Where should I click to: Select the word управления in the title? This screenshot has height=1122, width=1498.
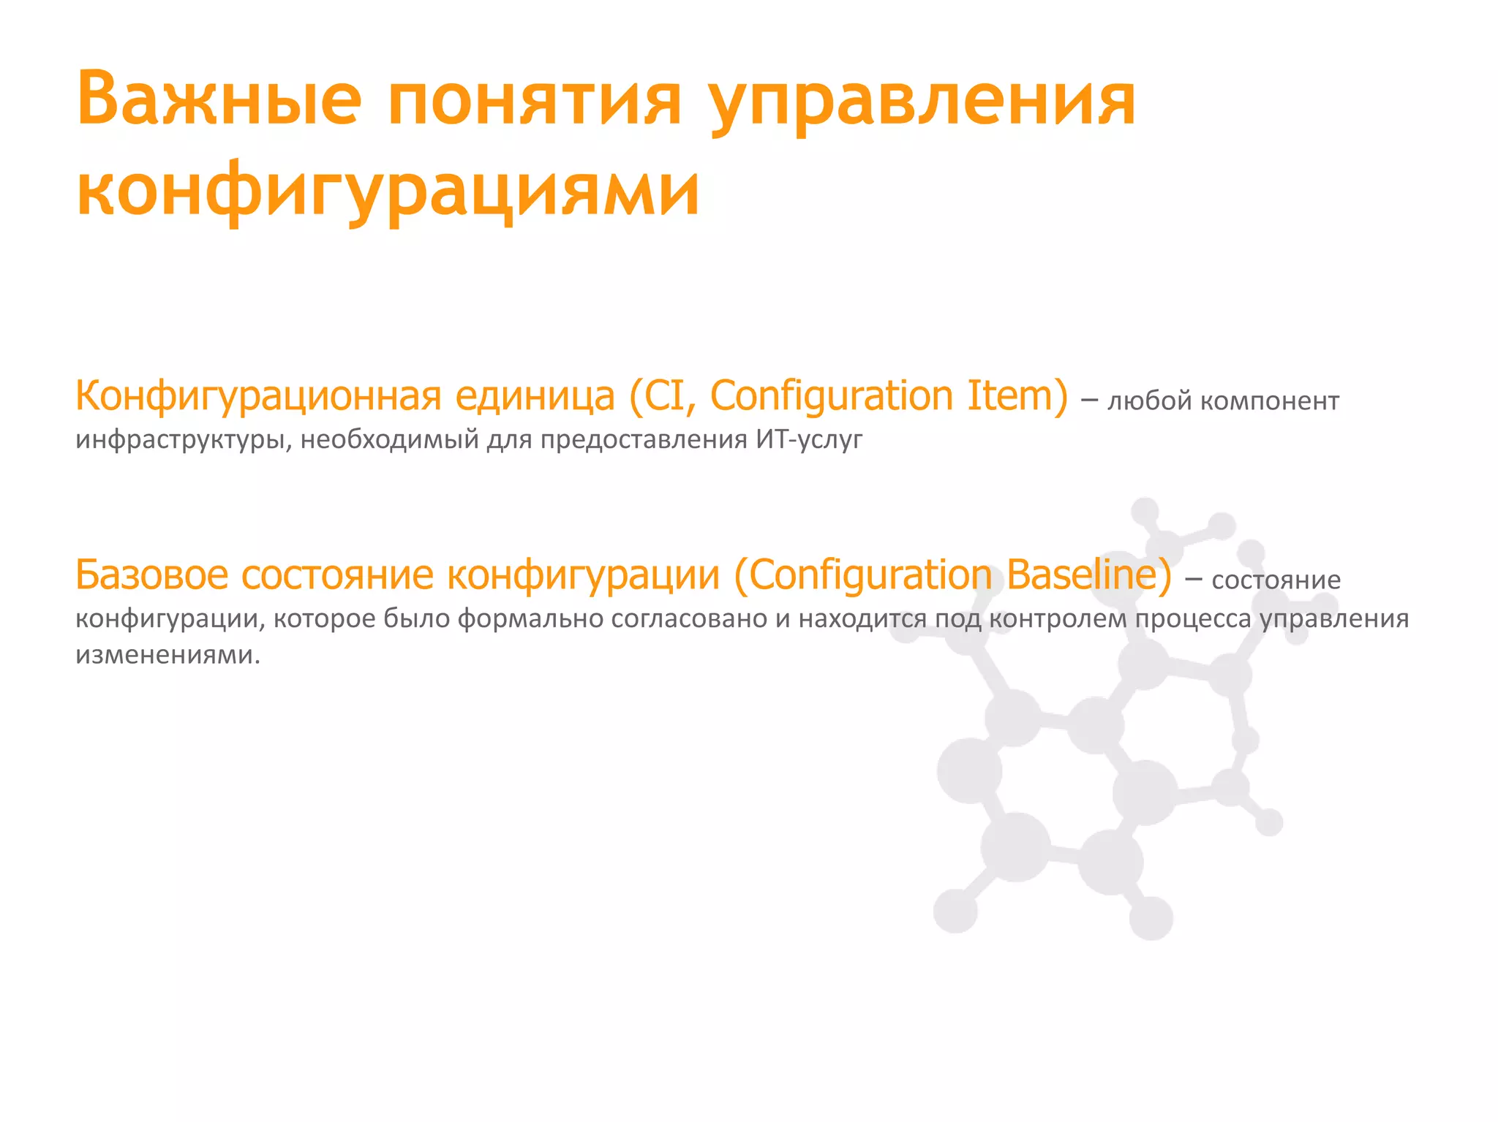923,102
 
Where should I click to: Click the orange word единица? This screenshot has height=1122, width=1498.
535,397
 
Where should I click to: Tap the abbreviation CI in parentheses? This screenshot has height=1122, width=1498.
665,397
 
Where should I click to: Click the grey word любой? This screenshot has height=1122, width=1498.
1151,401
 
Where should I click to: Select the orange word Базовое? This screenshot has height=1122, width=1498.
152,575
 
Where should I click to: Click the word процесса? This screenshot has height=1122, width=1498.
1193,620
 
